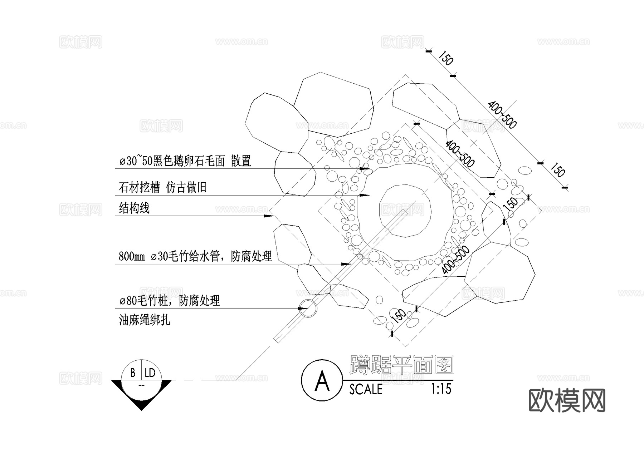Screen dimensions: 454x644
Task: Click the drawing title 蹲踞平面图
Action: click(x=402, y=365)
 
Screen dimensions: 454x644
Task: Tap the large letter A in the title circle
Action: click(x=322, y=381)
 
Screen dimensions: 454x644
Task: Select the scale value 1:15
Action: click(x=441, y=389)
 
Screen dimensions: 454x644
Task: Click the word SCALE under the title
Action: click(x=366, y=389)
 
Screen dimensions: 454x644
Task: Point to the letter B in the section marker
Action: click(x=133, y=373)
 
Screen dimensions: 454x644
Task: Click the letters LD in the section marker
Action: click(x=150, y=373)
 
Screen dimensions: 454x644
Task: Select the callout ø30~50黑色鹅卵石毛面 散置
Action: click(x=185, y=161)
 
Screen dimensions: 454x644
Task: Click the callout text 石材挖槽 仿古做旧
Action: click(x=162, y=187)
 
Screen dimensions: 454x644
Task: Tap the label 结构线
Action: click(x=134, y=208)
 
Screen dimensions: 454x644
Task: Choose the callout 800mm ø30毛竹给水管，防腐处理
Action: click(x=195, y=256)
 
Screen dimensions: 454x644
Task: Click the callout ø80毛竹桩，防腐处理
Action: click(x=169, y=301)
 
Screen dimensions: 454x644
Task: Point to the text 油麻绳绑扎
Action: click(x=144, y=320)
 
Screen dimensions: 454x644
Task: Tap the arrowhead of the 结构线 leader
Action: click(x=268, y=216)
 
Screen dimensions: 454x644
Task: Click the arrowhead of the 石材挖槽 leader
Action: click(x=365, y=195)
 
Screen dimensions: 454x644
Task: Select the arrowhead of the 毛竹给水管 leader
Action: click(x=346, y=264)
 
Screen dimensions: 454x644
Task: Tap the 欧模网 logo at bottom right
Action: click(x=567, y=401)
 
